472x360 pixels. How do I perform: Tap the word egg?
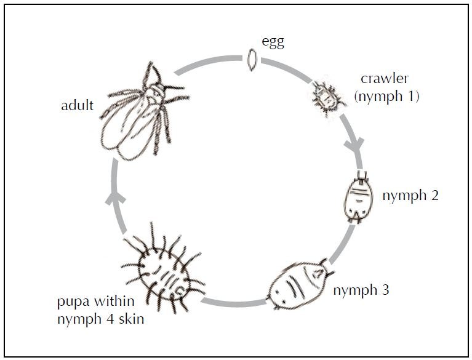pyautogui.click(x=273, y=42)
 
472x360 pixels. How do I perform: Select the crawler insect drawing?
pyautogui.click(x=327, y=97)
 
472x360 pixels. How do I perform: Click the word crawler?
pyautogui.click(x=385, y=79)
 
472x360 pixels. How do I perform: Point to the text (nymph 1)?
pyautogui.click(x=386, y=97)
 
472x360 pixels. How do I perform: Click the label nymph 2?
pyautogui.click(x=410, y=196)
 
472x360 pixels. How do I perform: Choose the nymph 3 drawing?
pyautogui.click(x=300, y=283)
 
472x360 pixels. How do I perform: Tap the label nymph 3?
pyautogui.click(x=361, y=290)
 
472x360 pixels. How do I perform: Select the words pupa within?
pyautogui.click(x=96, y=302)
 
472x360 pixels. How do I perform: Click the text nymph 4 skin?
pyautogui.click(x=100, y=319)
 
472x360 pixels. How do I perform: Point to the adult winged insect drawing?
pyautogui.click(x=145, y=111)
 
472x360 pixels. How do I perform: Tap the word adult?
pyautogui.click(x=77, y=105)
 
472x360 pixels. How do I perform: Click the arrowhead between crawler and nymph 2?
pyautogui.click(x=355, y=144)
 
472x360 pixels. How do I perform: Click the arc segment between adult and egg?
pyautogui.click(x=208, y=62)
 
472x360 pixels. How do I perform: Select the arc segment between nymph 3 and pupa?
pyautogui.click(x=233, y=303)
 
